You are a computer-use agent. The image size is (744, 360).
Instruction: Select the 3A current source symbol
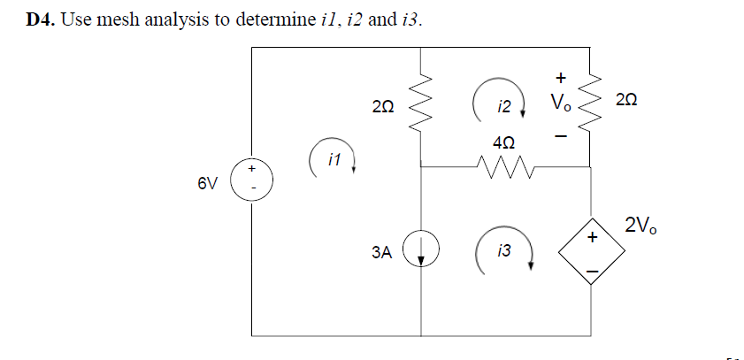(421, 251)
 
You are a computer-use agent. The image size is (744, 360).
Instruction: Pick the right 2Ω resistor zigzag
(591, 104)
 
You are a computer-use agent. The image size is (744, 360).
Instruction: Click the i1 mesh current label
(334, 160)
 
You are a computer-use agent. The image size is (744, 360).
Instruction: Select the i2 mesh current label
(503, 107)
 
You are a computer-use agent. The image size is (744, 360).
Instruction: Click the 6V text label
(206, 183)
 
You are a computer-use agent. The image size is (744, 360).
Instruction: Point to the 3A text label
(380, 252)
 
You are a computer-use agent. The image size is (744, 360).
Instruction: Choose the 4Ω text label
(502, 142)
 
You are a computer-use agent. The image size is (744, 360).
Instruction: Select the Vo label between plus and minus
(561, 103)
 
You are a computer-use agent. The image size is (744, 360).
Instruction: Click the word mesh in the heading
(119, 20)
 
